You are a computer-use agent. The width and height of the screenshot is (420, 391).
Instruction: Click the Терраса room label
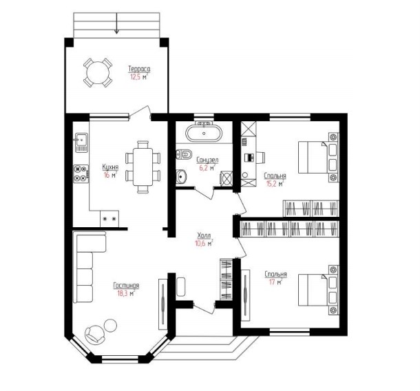139,69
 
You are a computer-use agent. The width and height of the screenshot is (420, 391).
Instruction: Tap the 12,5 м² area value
139,77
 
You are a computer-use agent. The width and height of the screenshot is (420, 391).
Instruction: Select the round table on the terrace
98,72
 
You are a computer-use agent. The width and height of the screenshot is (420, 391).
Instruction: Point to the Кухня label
110,167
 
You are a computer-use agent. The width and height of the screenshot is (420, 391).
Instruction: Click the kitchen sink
81,142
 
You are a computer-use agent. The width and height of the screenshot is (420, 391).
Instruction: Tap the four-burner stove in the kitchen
81,173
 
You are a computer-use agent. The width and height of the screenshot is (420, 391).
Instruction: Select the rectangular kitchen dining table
143,167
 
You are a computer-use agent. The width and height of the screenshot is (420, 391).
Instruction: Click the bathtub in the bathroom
204,133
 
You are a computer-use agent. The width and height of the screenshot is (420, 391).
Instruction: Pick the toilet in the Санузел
185,154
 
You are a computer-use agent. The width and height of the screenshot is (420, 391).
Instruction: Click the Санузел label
207,160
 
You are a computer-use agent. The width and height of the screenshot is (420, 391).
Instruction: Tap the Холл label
204,235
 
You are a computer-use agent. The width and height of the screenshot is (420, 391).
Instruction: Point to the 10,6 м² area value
204,243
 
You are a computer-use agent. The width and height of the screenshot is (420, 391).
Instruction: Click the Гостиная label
126,286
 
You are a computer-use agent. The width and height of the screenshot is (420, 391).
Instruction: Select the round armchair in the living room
94,334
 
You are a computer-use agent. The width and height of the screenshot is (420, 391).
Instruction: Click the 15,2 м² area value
274,184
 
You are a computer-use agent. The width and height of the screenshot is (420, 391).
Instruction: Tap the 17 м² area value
275,282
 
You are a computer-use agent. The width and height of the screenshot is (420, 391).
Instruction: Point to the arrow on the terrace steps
116,23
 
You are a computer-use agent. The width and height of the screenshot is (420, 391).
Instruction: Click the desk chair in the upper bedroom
261,157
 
